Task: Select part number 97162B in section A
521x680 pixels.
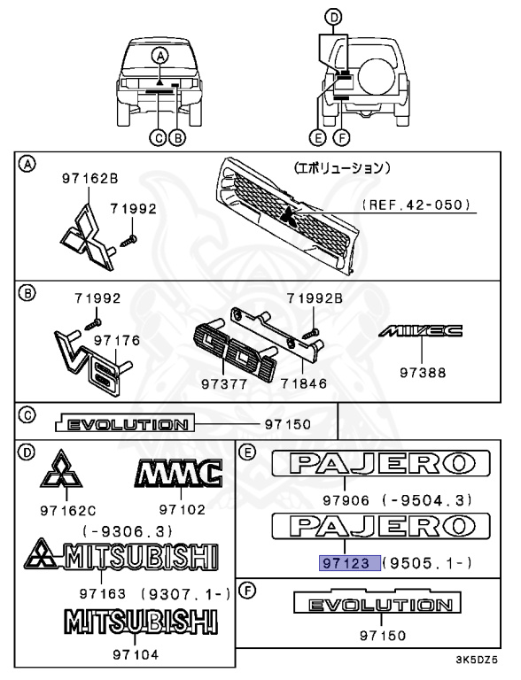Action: coord(89,178)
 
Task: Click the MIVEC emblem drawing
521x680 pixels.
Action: coord(419,332)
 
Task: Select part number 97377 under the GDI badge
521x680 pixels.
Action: coord(218,384)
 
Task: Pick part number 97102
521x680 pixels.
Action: coord(182,509)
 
